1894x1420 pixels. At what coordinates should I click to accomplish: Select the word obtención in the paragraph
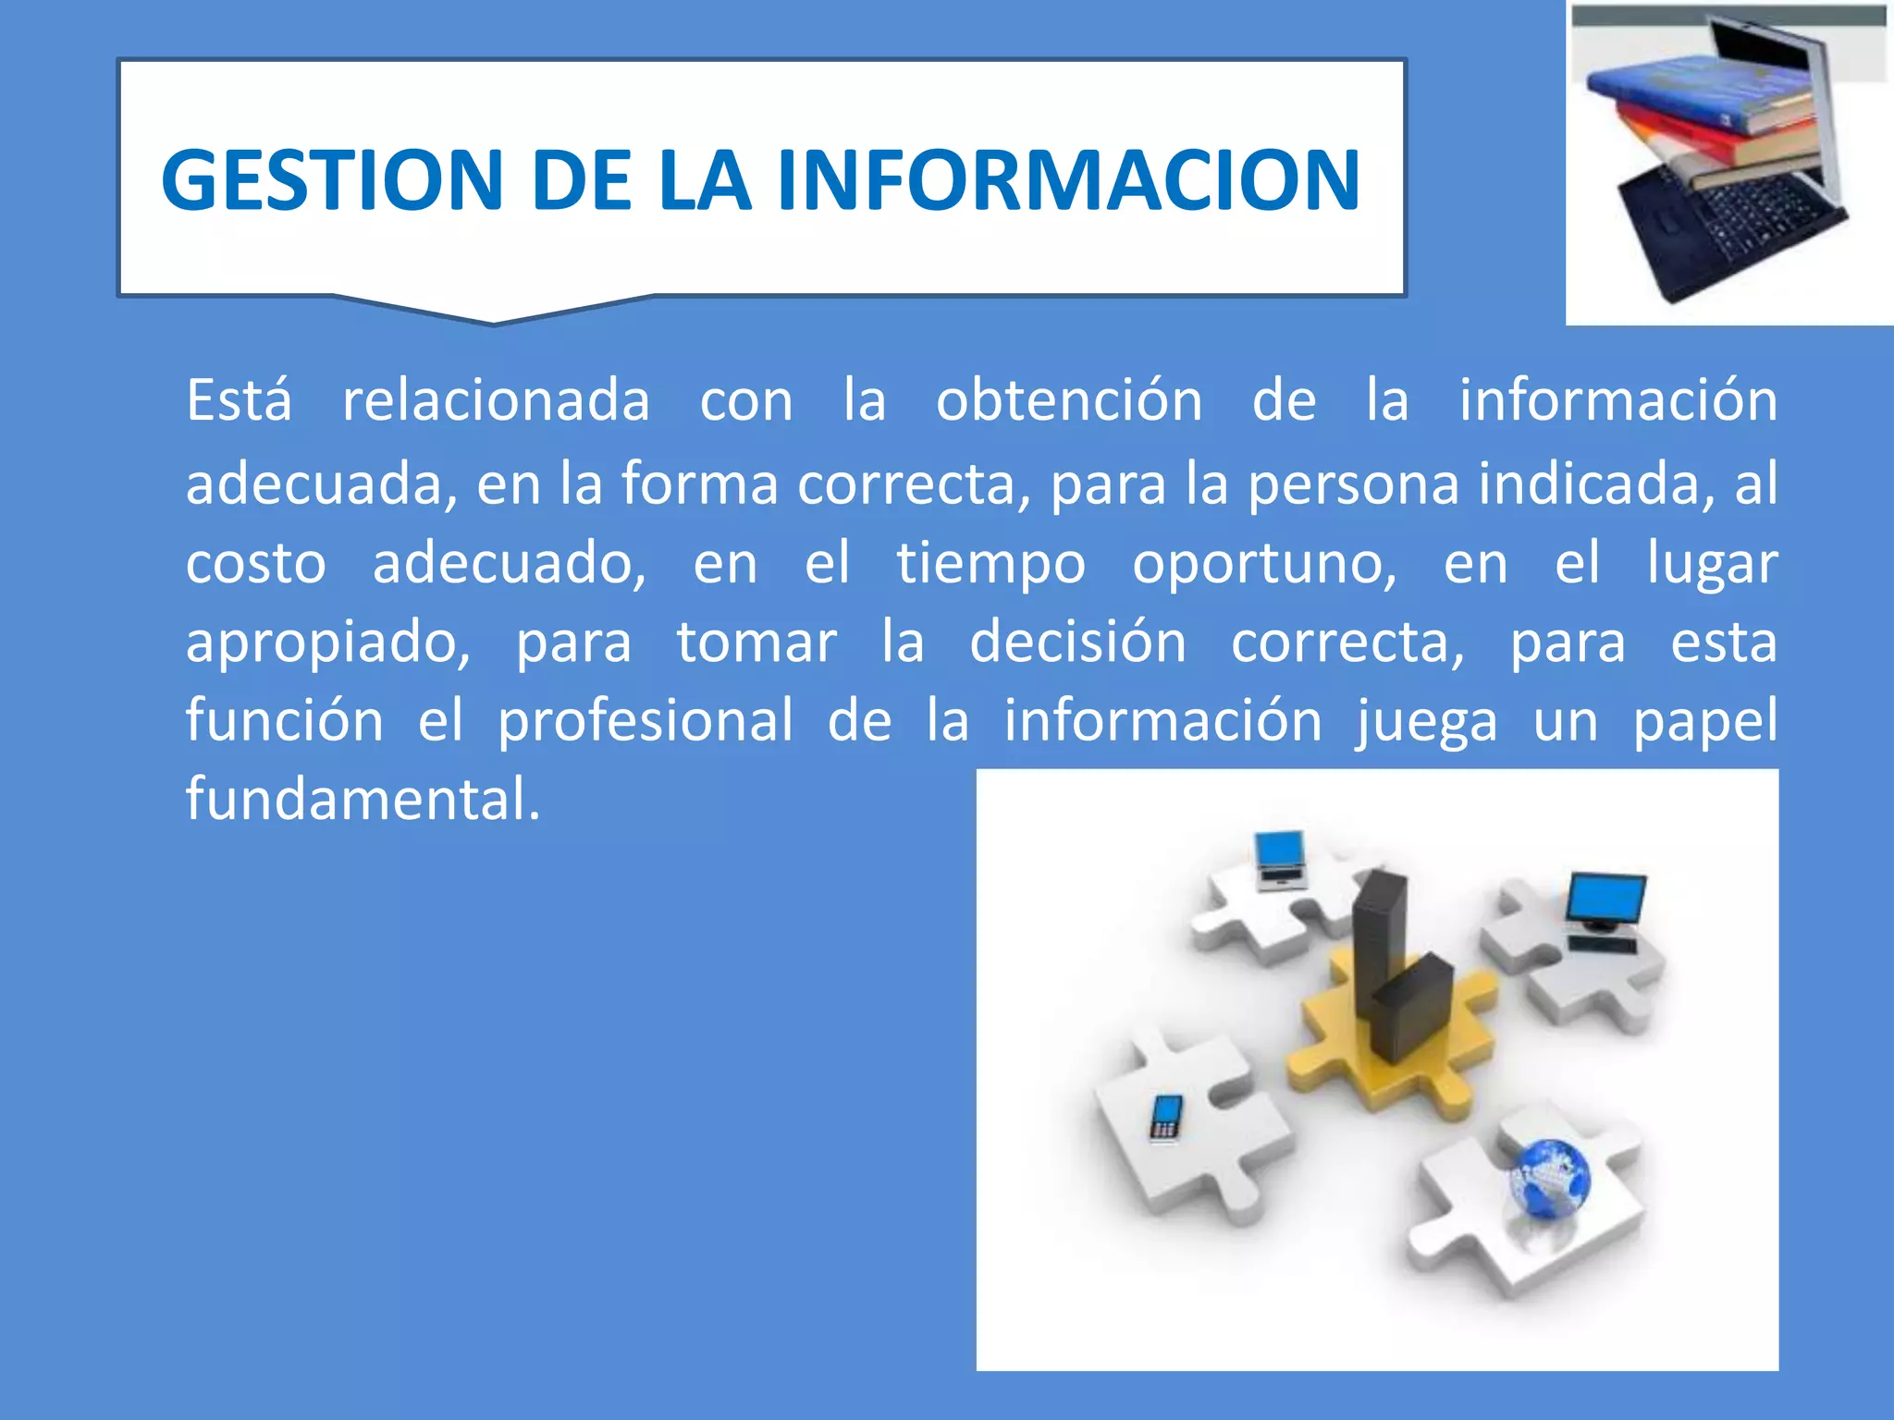point(1068,400)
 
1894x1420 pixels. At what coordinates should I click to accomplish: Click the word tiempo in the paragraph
point(990,563)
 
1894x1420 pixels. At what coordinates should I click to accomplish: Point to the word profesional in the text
point(645,720)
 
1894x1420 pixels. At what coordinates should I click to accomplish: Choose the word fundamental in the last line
point(362,798)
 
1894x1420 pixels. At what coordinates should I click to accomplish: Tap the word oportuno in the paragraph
point(1263,563)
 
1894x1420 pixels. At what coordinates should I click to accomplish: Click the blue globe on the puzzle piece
point(1550,1180)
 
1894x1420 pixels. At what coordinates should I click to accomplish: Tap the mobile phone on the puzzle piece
point(1165,1117)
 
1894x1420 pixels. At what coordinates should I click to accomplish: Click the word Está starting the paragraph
point(239,400)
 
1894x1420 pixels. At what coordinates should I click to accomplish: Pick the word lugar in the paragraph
point(1712,563)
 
